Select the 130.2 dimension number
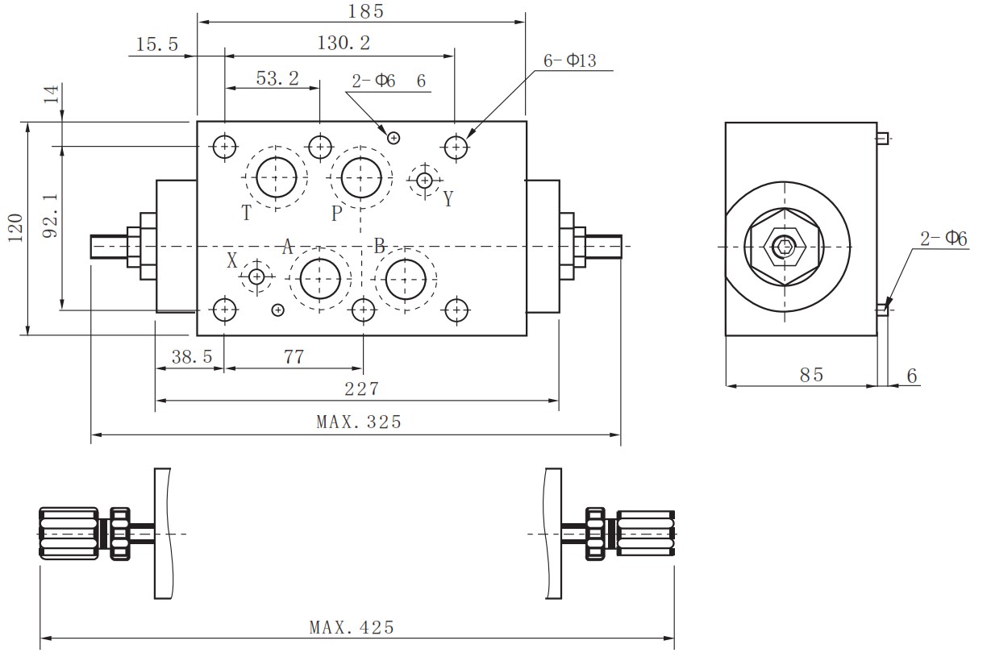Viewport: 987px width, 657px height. [x=344, y=44]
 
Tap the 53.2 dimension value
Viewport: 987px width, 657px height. [x=277, y=77]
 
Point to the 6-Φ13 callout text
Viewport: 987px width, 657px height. [x=569, y=60]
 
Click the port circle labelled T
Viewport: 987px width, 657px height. [x=277, y=177]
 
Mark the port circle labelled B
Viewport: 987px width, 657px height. [x=406, y=279]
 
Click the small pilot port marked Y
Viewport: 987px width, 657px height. [x=424, y=180]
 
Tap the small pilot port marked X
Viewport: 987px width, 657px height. [x=256, y=277]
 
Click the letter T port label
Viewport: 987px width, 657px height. [x=247, y=213]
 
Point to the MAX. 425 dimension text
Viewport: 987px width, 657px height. [x=352, y=627]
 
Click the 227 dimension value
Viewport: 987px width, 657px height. [x=361, y=389]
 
